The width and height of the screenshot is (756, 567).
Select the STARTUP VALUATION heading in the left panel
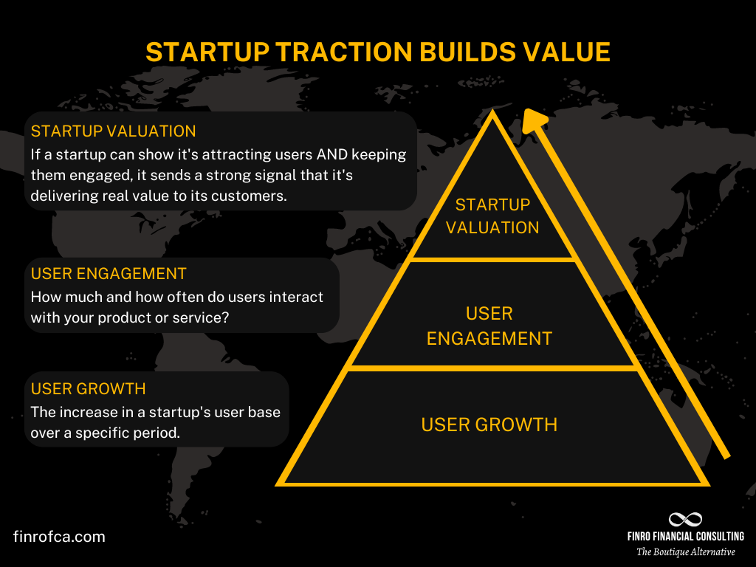click(113, 131)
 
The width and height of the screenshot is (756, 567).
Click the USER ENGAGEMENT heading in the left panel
click(109, 273)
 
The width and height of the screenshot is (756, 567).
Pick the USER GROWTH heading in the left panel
click(88, 388)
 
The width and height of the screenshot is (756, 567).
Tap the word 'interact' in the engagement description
click(297, 297)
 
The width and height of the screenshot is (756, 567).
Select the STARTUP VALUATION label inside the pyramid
click(492, 216)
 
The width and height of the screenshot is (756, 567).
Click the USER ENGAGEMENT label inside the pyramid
click(489, 326)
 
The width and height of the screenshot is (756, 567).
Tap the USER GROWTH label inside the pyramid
click(489, 425)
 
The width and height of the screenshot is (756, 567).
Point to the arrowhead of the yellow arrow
click(535, 120)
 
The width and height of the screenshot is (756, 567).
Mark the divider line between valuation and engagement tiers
click(492, 259)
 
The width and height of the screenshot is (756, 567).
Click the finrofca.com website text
click(59, 537)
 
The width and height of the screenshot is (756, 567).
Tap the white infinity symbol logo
click(685, 520)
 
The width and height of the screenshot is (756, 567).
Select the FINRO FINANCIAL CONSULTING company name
click(686, 537)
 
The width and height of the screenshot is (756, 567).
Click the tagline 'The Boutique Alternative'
click(686, 552)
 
